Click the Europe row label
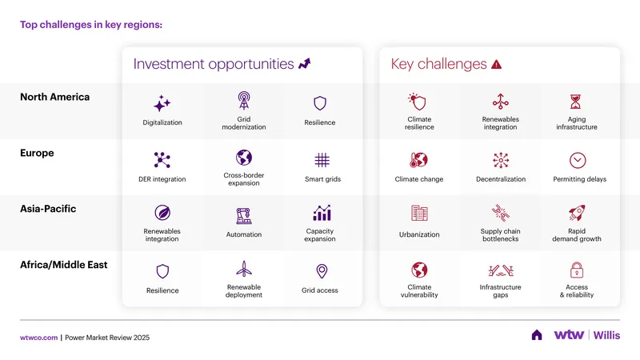pyautogui.click(x=37, y=153)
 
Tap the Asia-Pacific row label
pyautogui.click(x=48, y=209)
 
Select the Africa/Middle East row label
pyautogui.click(x=64, y=265)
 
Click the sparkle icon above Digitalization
pyautogui.click(x=162, y=103)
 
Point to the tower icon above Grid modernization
pyautogui.click(x=244, y=101)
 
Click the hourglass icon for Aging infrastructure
pyautogui.click(x=575, y=102)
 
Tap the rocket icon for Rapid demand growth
pyautogui.click(x=577, y=213)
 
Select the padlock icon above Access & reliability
pyautogui.click(x=576, y=270)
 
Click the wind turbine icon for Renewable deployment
pyautogui.click(x=244, y=269)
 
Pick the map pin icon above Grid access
pyautogui.click(x=322, y=271)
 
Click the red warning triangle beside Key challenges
pyautogui.click(x=496, y=65)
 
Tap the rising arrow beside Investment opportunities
pyautogui.click(x=305, y=64)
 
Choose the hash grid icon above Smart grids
pyautogui.click(x=322, y=160)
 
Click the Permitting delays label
pyautogui.click(x=579, y=179)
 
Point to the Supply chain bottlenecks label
pyautogui.click(x=501, y=234)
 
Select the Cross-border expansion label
pyautogui.click(x=244, y=179)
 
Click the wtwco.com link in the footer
pyautogui.click(x=38, y=338)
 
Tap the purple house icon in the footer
pyautogui.click(x=537, y=335)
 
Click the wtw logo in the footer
pyautogui.click(x=569, y=334)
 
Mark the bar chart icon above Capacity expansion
pyautogui.click(x=322, y=213)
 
